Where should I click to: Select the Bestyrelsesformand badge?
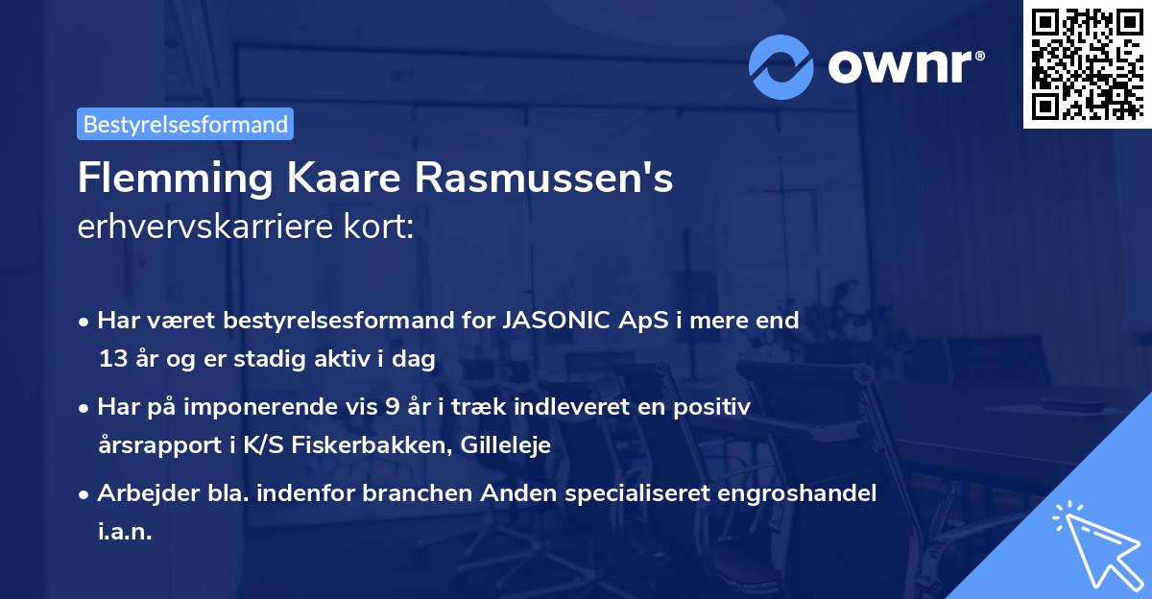(x=185, y=124)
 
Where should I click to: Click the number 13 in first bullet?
(x=110, y=360)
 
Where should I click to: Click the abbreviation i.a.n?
(x=125, y=532)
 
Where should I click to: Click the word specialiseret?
(x=611, y=493)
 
